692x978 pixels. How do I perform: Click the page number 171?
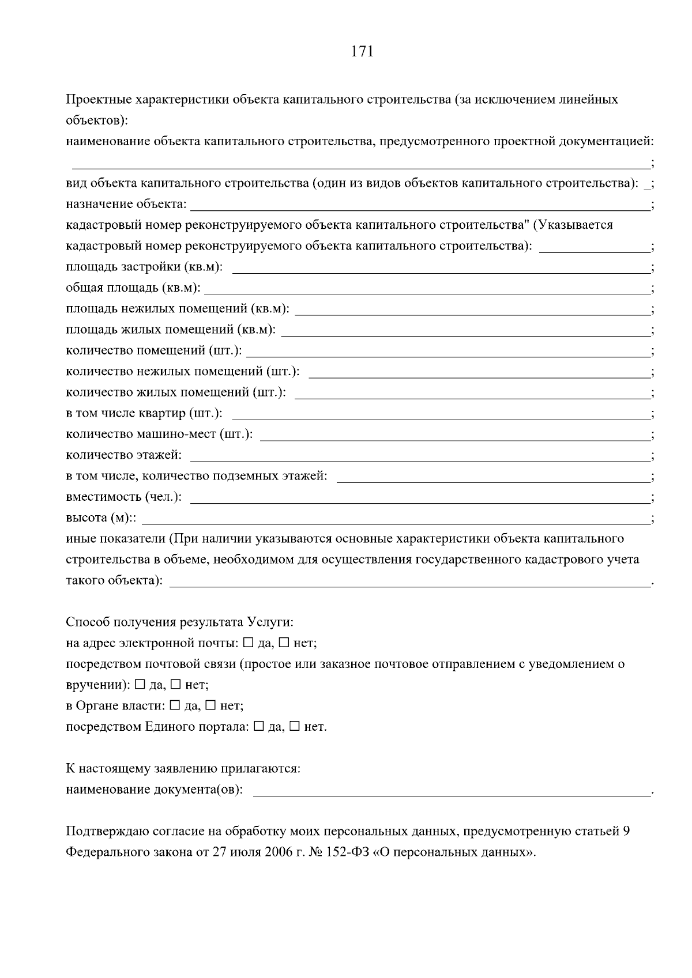(x=362, y=52)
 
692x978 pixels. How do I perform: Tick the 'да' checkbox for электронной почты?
(x=248, y=643)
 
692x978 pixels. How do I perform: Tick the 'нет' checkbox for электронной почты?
(x=284, y=643)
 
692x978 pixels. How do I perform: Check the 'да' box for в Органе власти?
(x=175, y=705)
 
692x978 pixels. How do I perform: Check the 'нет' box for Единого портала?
(x=294, y=727)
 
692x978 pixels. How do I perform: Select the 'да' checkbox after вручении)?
(x=140, y=685)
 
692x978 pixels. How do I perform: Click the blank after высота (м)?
(x=395, y=519)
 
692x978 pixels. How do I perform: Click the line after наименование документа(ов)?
(x=451, y=790)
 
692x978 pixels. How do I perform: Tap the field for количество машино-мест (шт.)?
(x=454, y=435)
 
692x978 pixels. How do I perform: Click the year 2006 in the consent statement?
(x=279, y=852)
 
